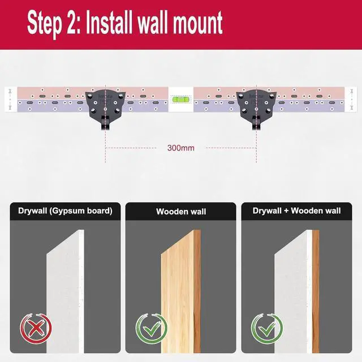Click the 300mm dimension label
point(181,148)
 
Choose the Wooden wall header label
point(181,212)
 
